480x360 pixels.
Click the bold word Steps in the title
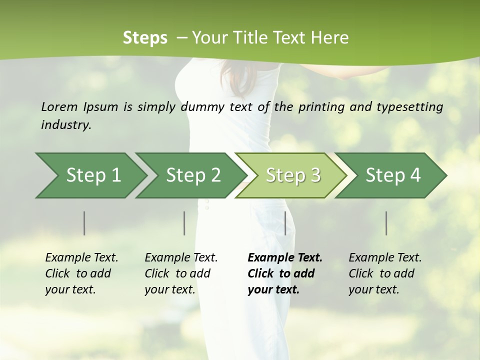[x=145, y=38]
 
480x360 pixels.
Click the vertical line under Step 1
[x=84, y=223]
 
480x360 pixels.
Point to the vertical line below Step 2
[x=184, y=223]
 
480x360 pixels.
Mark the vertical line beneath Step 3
[x=285, y=223]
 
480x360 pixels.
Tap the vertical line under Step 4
[x=386, y=223]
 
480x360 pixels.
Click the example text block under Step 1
[x=81, y=273]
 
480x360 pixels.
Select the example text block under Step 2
[x=181, y=273]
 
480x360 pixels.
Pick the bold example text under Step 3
[x=285, y=273]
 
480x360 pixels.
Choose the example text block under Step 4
[x=385, y=273]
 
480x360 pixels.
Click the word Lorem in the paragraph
[x=59, y=106]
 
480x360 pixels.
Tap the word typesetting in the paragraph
[x=414, y=106]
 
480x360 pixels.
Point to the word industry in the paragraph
[x=66, y=124]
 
